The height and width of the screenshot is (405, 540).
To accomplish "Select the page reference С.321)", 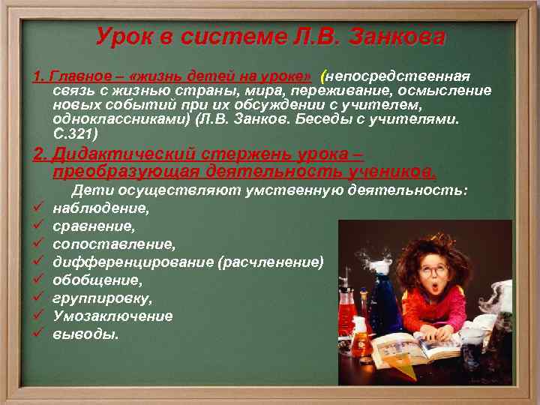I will tap(75, 134).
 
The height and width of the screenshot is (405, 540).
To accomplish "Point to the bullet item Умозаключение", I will tap(112, 316).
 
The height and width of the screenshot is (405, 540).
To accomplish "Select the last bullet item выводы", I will tap(85, 334).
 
